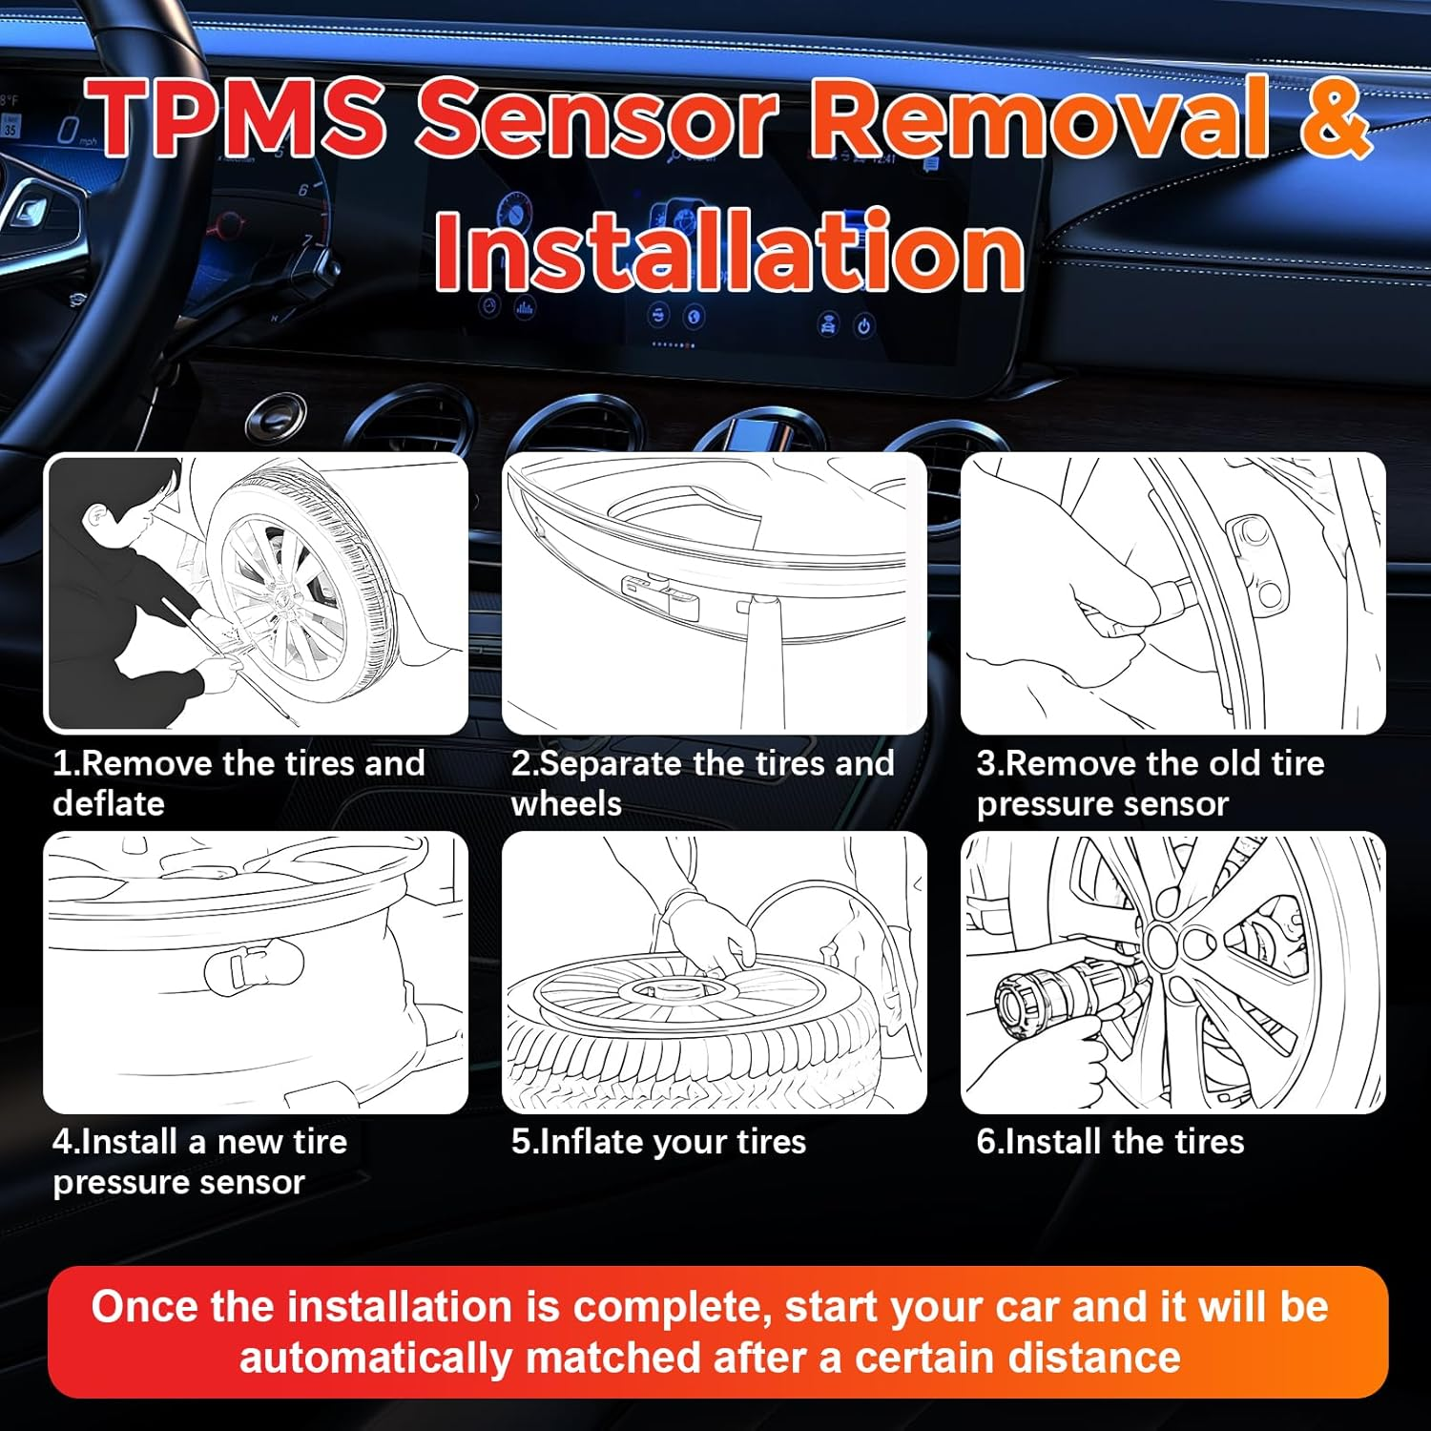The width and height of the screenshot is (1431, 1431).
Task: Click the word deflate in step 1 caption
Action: (x=109, y=804)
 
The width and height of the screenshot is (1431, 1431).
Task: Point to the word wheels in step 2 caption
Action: (x=567, y=804)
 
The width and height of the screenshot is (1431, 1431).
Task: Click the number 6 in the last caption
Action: (x=985, y=1142)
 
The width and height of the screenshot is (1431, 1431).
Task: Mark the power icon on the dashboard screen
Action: (x=863, y=326)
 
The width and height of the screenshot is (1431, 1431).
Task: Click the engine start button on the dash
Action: (x=276, y=417)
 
